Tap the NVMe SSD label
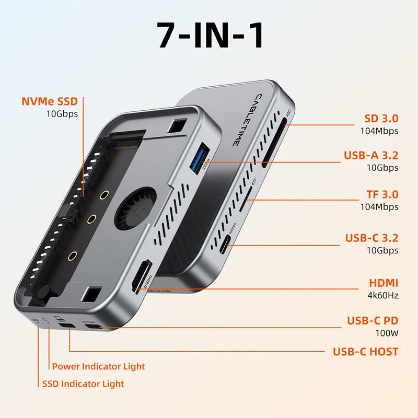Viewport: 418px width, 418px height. (x=53, y=101)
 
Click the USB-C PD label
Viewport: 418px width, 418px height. (x=372, y=320)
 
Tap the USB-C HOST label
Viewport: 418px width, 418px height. (x=365, y=351)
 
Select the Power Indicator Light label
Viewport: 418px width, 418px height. (x=98, y=366)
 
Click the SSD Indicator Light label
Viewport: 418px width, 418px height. (x=84, y=384)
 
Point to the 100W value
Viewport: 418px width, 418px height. (x=387, y=332)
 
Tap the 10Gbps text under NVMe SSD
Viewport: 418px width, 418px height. (x=62, y=113)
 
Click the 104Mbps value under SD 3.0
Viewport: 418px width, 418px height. (x=379, y=131)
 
